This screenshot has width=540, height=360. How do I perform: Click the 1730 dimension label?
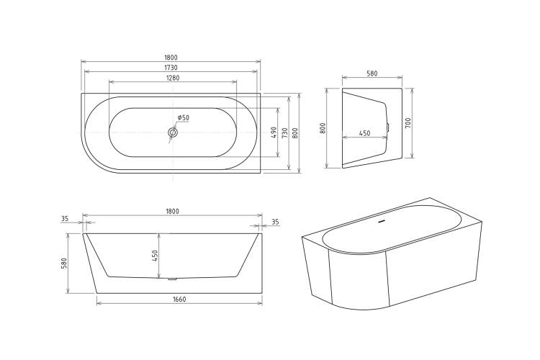point(171,68)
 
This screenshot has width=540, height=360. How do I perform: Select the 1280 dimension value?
point(173,78)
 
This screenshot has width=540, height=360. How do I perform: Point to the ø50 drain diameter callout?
point(183,118)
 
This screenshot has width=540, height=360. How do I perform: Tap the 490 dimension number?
point(274,132)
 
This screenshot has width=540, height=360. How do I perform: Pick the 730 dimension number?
point(284,133)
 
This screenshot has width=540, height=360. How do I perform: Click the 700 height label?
point(408,123)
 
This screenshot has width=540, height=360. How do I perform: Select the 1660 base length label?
point(179,300)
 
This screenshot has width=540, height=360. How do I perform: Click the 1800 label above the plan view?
point(171,58)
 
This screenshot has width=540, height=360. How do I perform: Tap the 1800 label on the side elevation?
point(172,212)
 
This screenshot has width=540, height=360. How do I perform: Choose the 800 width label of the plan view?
point(294,133)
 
